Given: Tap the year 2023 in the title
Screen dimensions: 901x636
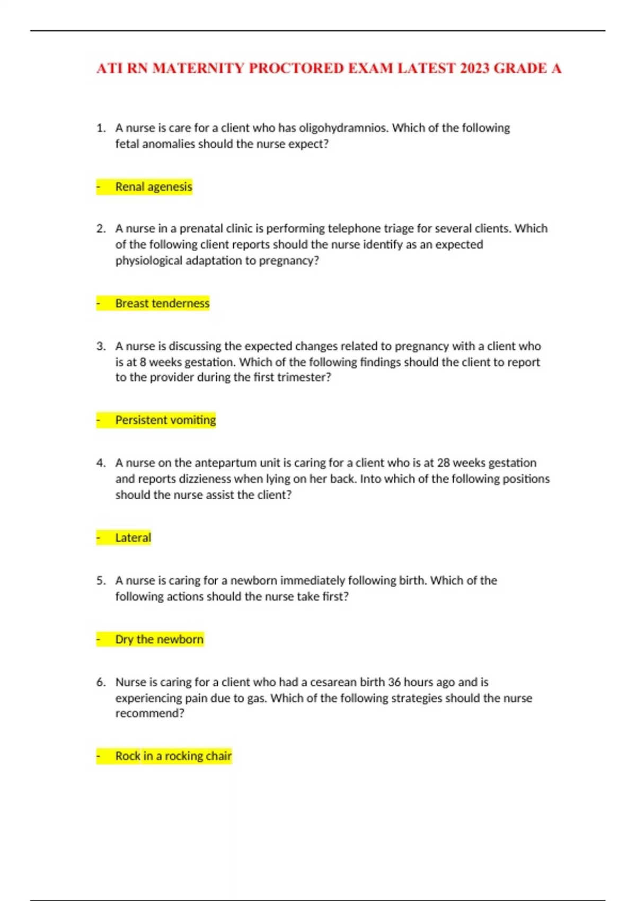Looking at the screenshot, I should tap(475, 68).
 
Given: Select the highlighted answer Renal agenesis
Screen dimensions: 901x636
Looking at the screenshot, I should tap(154, 187).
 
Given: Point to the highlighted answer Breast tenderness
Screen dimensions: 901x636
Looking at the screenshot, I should tap(162, 303).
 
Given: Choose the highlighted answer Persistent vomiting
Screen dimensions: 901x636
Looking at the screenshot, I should tap(165, 420).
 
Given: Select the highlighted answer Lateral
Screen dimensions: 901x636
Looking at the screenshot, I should tap(133, 537).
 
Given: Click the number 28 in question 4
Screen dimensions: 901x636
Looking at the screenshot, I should tap(443, 463).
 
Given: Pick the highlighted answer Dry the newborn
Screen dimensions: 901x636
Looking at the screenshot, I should tap(159, 639).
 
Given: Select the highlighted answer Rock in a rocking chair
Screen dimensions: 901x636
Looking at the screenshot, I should tap(173, 756).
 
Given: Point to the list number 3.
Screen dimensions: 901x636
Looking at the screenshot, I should tap(101, 347).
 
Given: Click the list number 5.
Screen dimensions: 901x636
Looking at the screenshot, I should tap(101, 581).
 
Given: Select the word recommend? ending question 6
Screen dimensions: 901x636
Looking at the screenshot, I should tap(150, 713).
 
